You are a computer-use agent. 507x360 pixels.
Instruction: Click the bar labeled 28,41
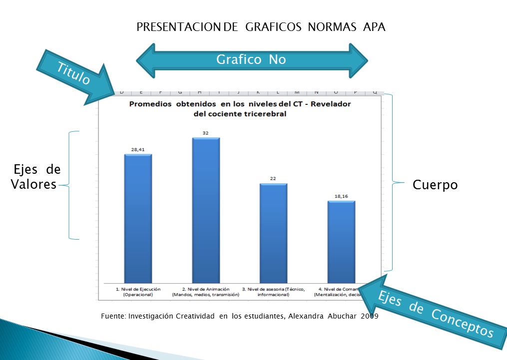click(x=138, y=217)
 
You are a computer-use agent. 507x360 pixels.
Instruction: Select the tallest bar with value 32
click(x=206, y=210)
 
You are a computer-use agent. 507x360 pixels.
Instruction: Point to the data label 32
click(x=206, y=132)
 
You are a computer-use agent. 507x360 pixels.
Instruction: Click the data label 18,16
click(x=341, y=196)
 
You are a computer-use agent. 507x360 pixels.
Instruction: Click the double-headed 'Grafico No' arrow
click(x=252, y=60)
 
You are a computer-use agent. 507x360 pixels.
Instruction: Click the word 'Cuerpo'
click(x=435, y=185)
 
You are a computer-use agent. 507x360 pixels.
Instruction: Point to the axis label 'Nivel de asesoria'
click(x=273, y=292)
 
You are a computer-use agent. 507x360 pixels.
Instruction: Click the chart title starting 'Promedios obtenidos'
click(x=240, y=109)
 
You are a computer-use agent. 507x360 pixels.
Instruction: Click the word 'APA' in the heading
click(x=374, y=27)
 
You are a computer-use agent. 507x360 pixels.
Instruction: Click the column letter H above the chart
click(x=199, y=92)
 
